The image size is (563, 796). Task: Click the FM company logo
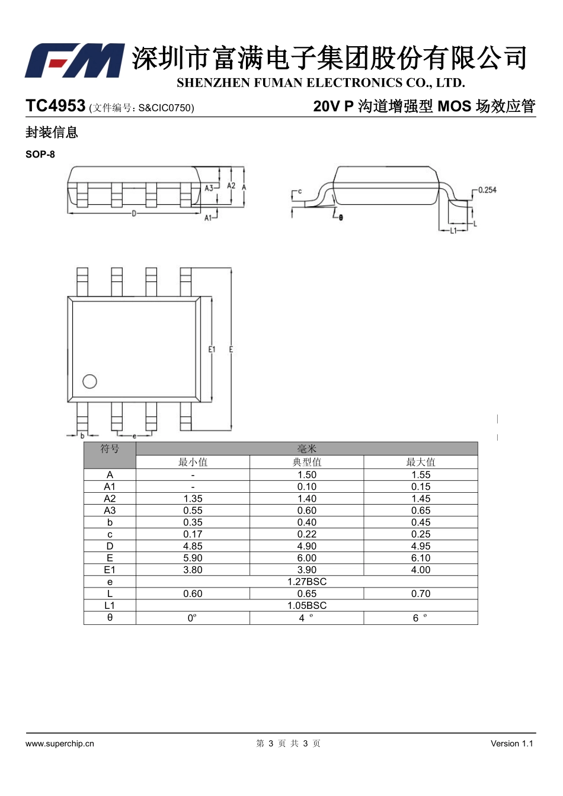point(75,60)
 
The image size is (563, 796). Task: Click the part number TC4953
point(56,105)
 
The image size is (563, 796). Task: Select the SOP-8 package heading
point(40,154)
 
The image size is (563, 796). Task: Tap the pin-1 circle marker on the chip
point(89,381)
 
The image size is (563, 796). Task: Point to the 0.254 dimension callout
point(487,190)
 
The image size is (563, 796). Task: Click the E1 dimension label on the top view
point(212,349)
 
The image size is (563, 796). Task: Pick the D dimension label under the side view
point(134,214)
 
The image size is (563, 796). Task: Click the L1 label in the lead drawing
point(453,230)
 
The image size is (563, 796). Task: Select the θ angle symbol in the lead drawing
point(341,217)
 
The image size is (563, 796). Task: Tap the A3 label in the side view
point(209,188)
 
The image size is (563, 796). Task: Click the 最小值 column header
point(193,462)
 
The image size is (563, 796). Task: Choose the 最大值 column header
point(421,462)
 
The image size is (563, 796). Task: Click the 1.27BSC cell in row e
point(307,582)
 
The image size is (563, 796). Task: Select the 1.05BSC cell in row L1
point(307,605)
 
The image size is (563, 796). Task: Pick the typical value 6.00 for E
point(307,557)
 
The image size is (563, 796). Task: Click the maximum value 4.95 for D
point(421,546)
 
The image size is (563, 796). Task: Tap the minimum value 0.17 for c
point(193,534)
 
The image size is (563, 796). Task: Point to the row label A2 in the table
point(110,498)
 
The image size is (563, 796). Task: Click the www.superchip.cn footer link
point(60,743)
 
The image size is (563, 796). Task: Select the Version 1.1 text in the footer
point(512,743)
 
